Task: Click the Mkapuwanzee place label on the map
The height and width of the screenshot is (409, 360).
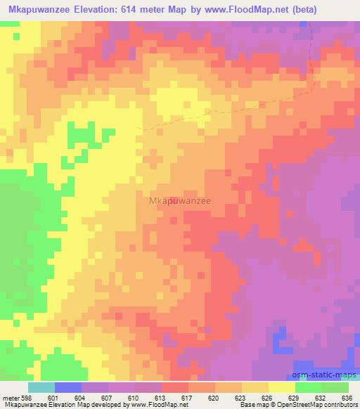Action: point(181,200)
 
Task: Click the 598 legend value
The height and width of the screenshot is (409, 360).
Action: point(27,398)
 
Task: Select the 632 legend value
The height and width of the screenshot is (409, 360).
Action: point(321,398)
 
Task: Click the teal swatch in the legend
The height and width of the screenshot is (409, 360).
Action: point(41,387)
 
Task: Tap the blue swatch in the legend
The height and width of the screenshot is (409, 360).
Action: point(68,387)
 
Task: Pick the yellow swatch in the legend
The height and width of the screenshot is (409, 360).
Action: point(282,387)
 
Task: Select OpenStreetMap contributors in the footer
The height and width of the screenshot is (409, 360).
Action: point(317,405)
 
